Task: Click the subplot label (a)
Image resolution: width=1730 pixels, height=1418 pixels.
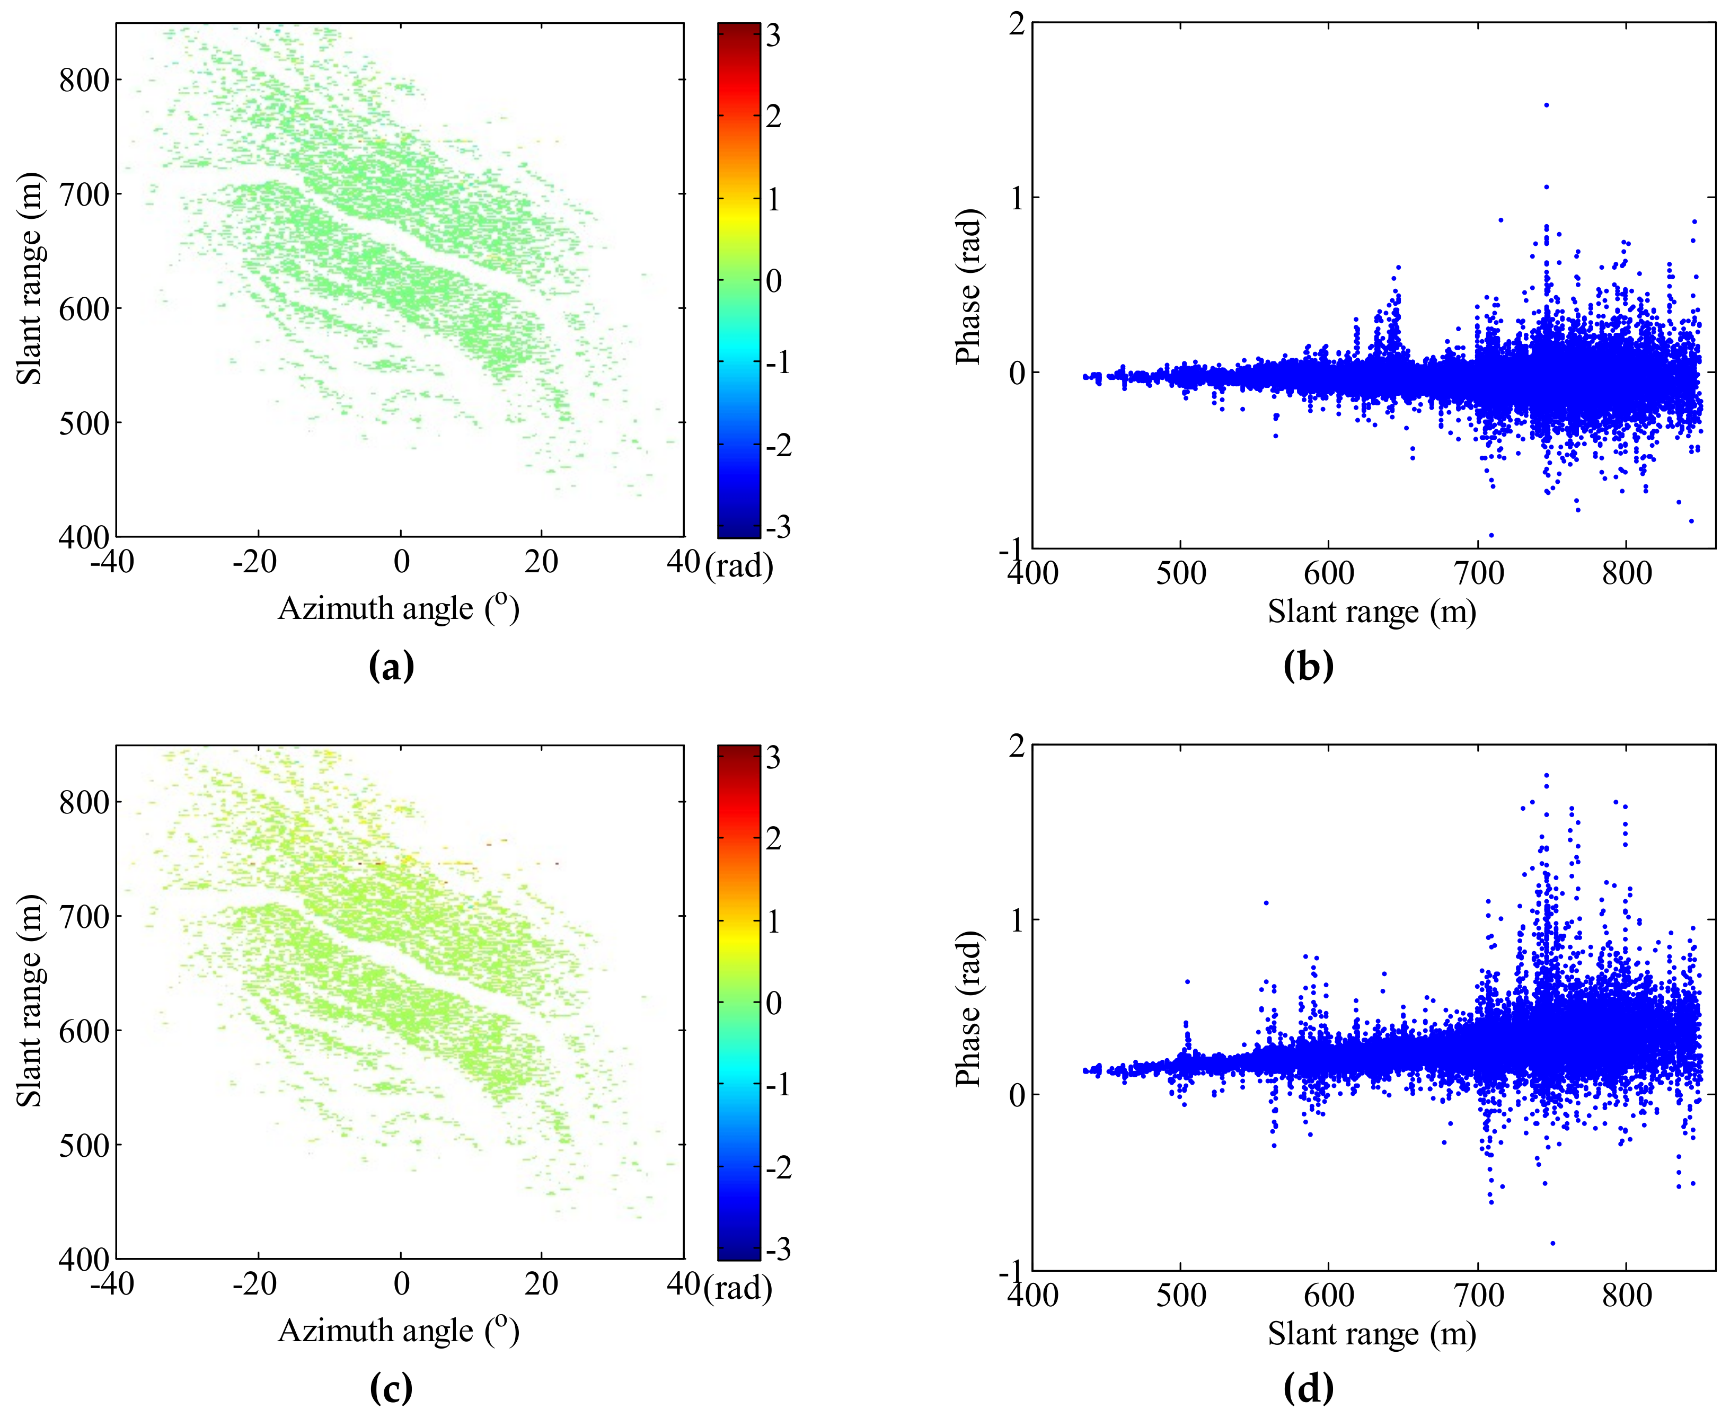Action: (x=391, y=667)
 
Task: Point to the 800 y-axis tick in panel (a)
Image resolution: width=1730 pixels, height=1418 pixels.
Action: (x=84, y=80)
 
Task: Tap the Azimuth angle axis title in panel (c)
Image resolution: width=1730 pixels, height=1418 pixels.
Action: (x=399, y=1331)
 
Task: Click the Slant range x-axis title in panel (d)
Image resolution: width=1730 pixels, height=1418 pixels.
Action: (x=1371, y=1334)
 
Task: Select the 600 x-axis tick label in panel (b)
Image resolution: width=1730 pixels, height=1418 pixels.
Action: (x=1328, y=573)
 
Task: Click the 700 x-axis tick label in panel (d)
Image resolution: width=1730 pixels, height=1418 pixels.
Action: (x=1478, y=1296)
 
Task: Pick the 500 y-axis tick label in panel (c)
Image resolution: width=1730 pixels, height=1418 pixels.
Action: (x=84, y=1145)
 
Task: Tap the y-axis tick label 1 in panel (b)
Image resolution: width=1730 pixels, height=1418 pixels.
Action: (x=1017, y=198)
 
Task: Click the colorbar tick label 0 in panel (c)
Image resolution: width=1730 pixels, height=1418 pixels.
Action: (x=773, y=1003)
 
